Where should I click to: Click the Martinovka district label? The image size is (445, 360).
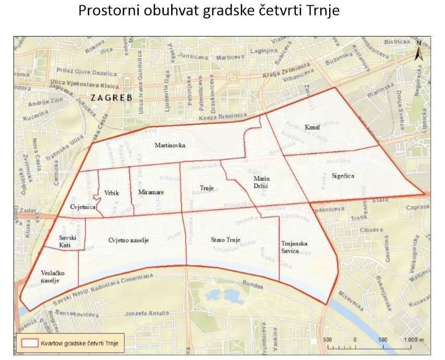click(x=170, y=145)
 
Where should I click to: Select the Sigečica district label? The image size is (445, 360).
click(x=342, y=176)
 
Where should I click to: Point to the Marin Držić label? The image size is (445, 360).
click(x=261, y=183)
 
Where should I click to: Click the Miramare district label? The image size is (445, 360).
click(x=151, y=193)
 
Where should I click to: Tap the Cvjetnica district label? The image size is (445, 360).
click(x=82, y=207)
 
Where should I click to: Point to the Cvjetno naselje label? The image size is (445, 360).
click(x=129, y=240)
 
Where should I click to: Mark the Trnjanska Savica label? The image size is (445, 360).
click(x=294, y=248)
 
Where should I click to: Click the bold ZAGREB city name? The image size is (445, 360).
click(x=112, y=98)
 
